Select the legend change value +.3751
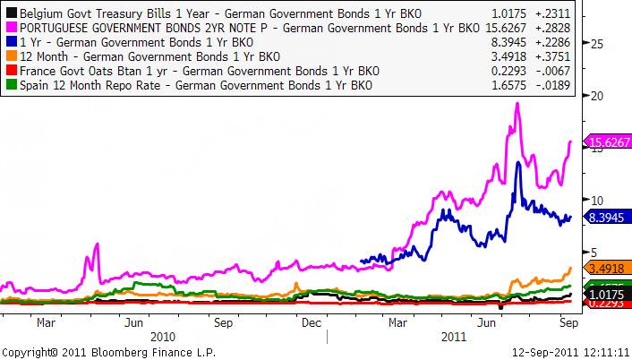click(553, 57)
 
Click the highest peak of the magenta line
click(518, 104)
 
